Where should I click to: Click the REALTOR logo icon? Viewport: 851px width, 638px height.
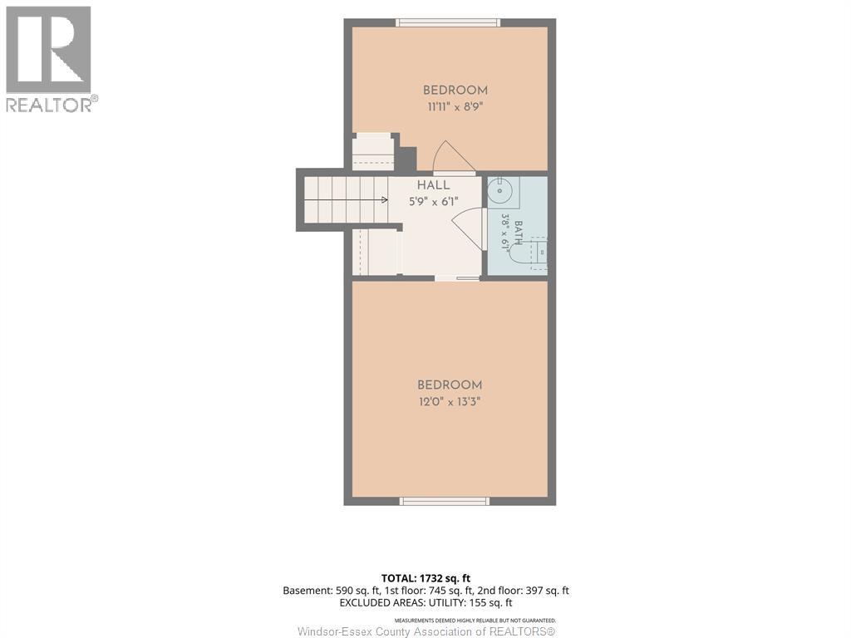[48, 49]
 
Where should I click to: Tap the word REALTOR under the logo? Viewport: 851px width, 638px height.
[48, 105]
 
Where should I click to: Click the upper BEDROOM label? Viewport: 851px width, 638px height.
[455, 91]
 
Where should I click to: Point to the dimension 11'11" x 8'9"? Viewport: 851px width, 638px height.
[455, 107]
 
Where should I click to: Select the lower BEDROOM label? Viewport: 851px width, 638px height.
[450, 385]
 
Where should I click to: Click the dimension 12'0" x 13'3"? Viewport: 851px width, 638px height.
[450, 402]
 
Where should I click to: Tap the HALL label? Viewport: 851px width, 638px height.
[433, 185]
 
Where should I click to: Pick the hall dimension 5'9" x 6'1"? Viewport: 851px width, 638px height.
[434, 202]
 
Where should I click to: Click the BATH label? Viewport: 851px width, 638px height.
[519, 233]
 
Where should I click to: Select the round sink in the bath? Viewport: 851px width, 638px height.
[499, 191]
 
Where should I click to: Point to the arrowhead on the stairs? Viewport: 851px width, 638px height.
[385, 199]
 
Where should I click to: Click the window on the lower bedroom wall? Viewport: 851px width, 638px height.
[445, 501]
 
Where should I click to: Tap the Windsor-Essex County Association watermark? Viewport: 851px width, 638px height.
[426, 631]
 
